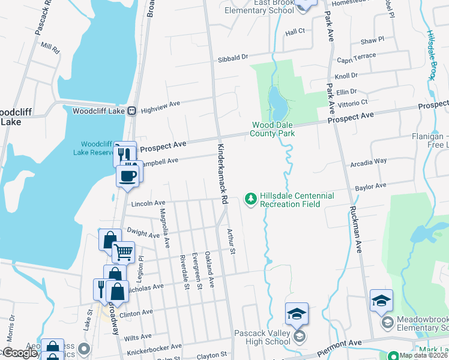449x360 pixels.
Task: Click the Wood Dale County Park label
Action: click(x=273, y=129)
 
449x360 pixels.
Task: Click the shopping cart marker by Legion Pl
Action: click(x=123, y=253)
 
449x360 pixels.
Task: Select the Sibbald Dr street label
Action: click(x=232, y=58)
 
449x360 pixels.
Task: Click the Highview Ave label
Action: click(x=160, y=104)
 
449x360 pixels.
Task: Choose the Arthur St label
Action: click(x=230, y=241)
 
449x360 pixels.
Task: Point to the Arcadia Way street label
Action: click(x=369, y=161)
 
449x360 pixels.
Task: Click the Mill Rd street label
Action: click(x=50, y=47)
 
